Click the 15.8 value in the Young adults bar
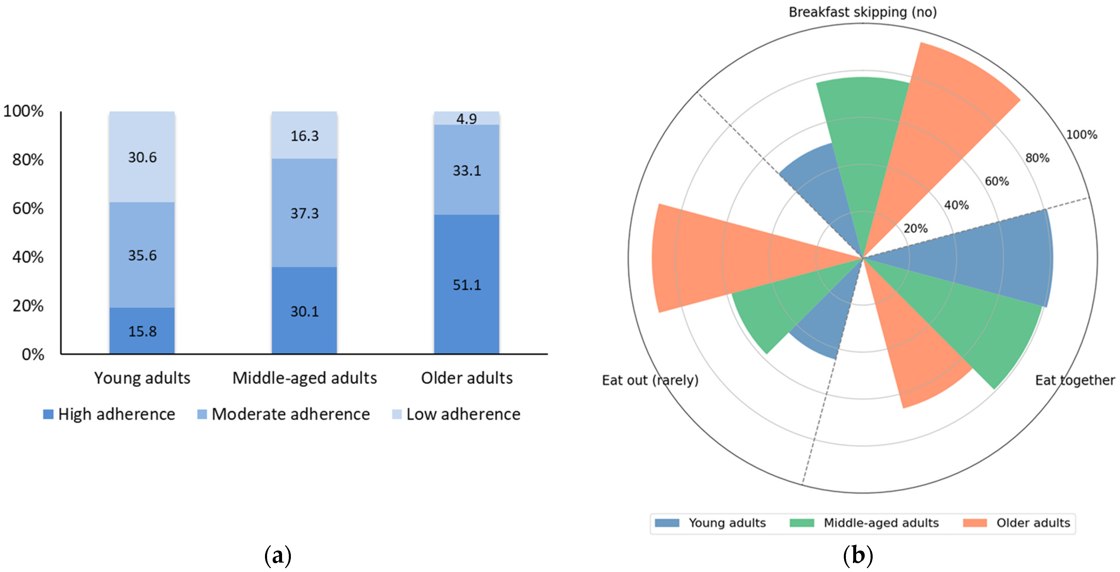point(142,332)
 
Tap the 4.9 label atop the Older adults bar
point(466,119)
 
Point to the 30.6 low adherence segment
point(142,157)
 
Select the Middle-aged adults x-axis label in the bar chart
point(304,378)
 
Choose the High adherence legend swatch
point(48,414)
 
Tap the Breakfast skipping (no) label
point(863,12)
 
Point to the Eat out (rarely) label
point(650,380)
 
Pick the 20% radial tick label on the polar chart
point(915,229)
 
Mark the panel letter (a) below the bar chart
point(278,556)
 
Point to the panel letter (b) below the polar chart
point(858,556)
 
